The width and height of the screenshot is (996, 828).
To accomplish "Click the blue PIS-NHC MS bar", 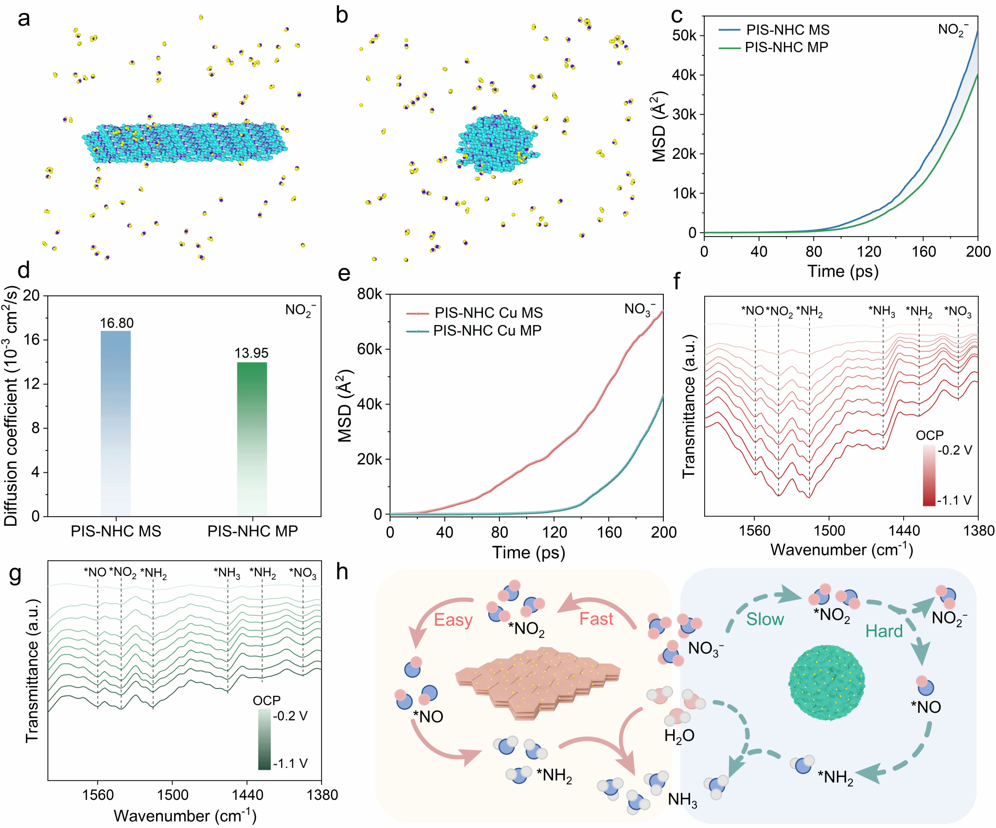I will click(x=116, y=423).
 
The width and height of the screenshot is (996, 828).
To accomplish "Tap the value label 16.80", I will click(x=117, y=323).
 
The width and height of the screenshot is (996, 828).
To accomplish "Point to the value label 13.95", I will click(x=251, y=353).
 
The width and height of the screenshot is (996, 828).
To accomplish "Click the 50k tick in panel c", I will click(x=685, y=35).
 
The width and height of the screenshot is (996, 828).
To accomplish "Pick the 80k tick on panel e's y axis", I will click(x=369, y=294).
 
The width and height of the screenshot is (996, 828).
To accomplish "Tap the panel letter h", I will click(x=342, y=572).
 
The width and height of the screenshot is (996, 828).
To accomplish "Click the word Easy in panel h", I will click(x=453, y=621).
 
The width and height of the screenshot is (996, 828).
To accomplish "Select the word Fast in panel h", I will click(x=596, y=620).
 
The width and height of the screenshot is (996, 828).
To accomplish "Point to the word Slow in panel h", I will click(x=765, y=620).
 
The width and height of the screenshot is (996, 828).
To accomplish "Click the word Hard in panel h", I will click(x=884, y=632).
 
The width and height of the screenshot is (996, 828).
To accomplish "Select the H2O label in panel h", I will click(x=679, y=736).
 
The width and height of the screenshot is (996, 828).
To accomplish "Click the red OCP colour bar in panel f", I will click(x=929, y=476).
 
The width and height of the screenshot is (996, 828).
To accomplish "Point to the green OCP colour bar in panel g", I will click(x=264, y=740).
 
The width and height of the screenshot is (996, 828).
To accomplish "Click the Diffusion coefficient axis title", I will click(x=11, y=406).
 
